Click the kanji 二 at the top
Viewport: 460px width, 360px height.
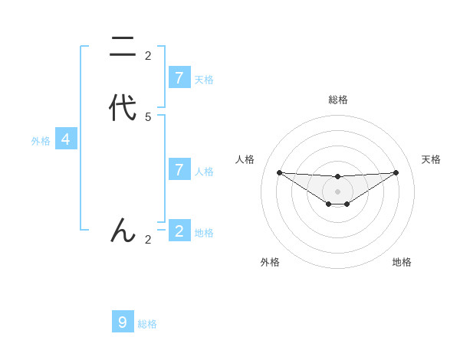(x=123, y=47)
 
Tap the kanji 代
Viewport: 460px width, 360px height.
(x=123, y=108)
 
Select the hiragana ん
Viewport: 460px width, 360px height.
(x=123, y=230)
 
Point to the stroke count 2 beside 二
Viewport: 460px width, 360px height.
(x=148, y=56)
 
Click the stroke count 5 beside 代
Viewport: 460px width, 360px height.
(x=148, y=117)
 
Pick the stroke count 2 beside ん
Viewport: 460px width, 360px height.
(x=148, y=240)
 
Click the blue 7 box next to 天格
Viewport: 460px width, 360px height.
(x=179, y=77)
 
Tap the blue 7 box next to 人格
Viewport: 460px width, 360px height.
(x=179, y=169)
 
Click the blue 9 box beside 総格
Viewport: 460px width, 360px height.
(x=123, y=322)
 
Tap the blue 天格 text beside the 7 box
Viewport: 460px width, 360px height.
(x=204, y=79)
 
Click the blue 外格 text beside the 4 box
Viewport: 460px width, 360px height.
(x=41, y=141)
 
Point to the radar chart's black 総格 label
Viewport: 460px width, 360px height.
(x=337, y=100)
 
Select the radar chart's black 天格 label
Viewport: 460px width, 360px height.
(x=432, y=159)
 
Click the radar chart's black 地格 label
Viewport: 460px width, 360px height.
(x=402, y=262)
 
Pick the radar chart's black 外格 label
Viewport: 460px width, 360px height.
(x=270, y=262)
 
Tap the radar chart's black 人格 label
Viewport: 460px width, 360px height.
(x=245, y=159)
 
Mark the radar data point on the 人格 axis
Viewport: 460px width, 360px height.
(x=279, y=172)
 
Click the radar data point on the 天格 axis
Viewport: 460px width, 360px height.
(x=396, y=172)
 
